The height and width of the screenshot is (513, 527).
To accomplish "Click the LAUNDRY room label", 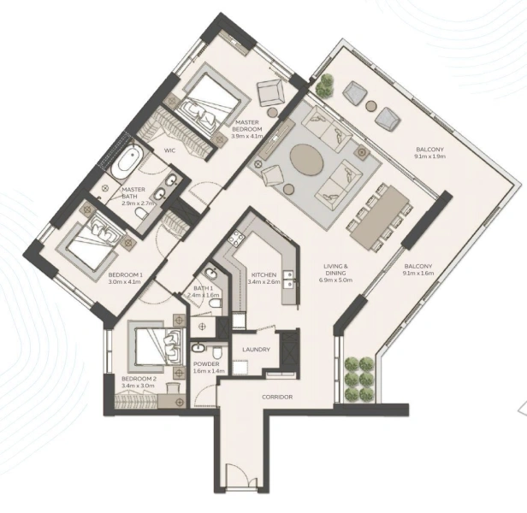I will point(257,350).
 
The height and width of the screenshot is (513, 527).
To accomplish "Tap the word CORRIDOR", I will point(278,398).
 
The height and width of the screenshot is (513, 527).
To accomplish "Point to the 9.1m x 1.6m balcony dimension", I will point(419,274).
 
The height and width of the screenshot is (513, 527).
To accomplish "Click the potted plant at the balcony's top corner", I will point(324,85).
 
